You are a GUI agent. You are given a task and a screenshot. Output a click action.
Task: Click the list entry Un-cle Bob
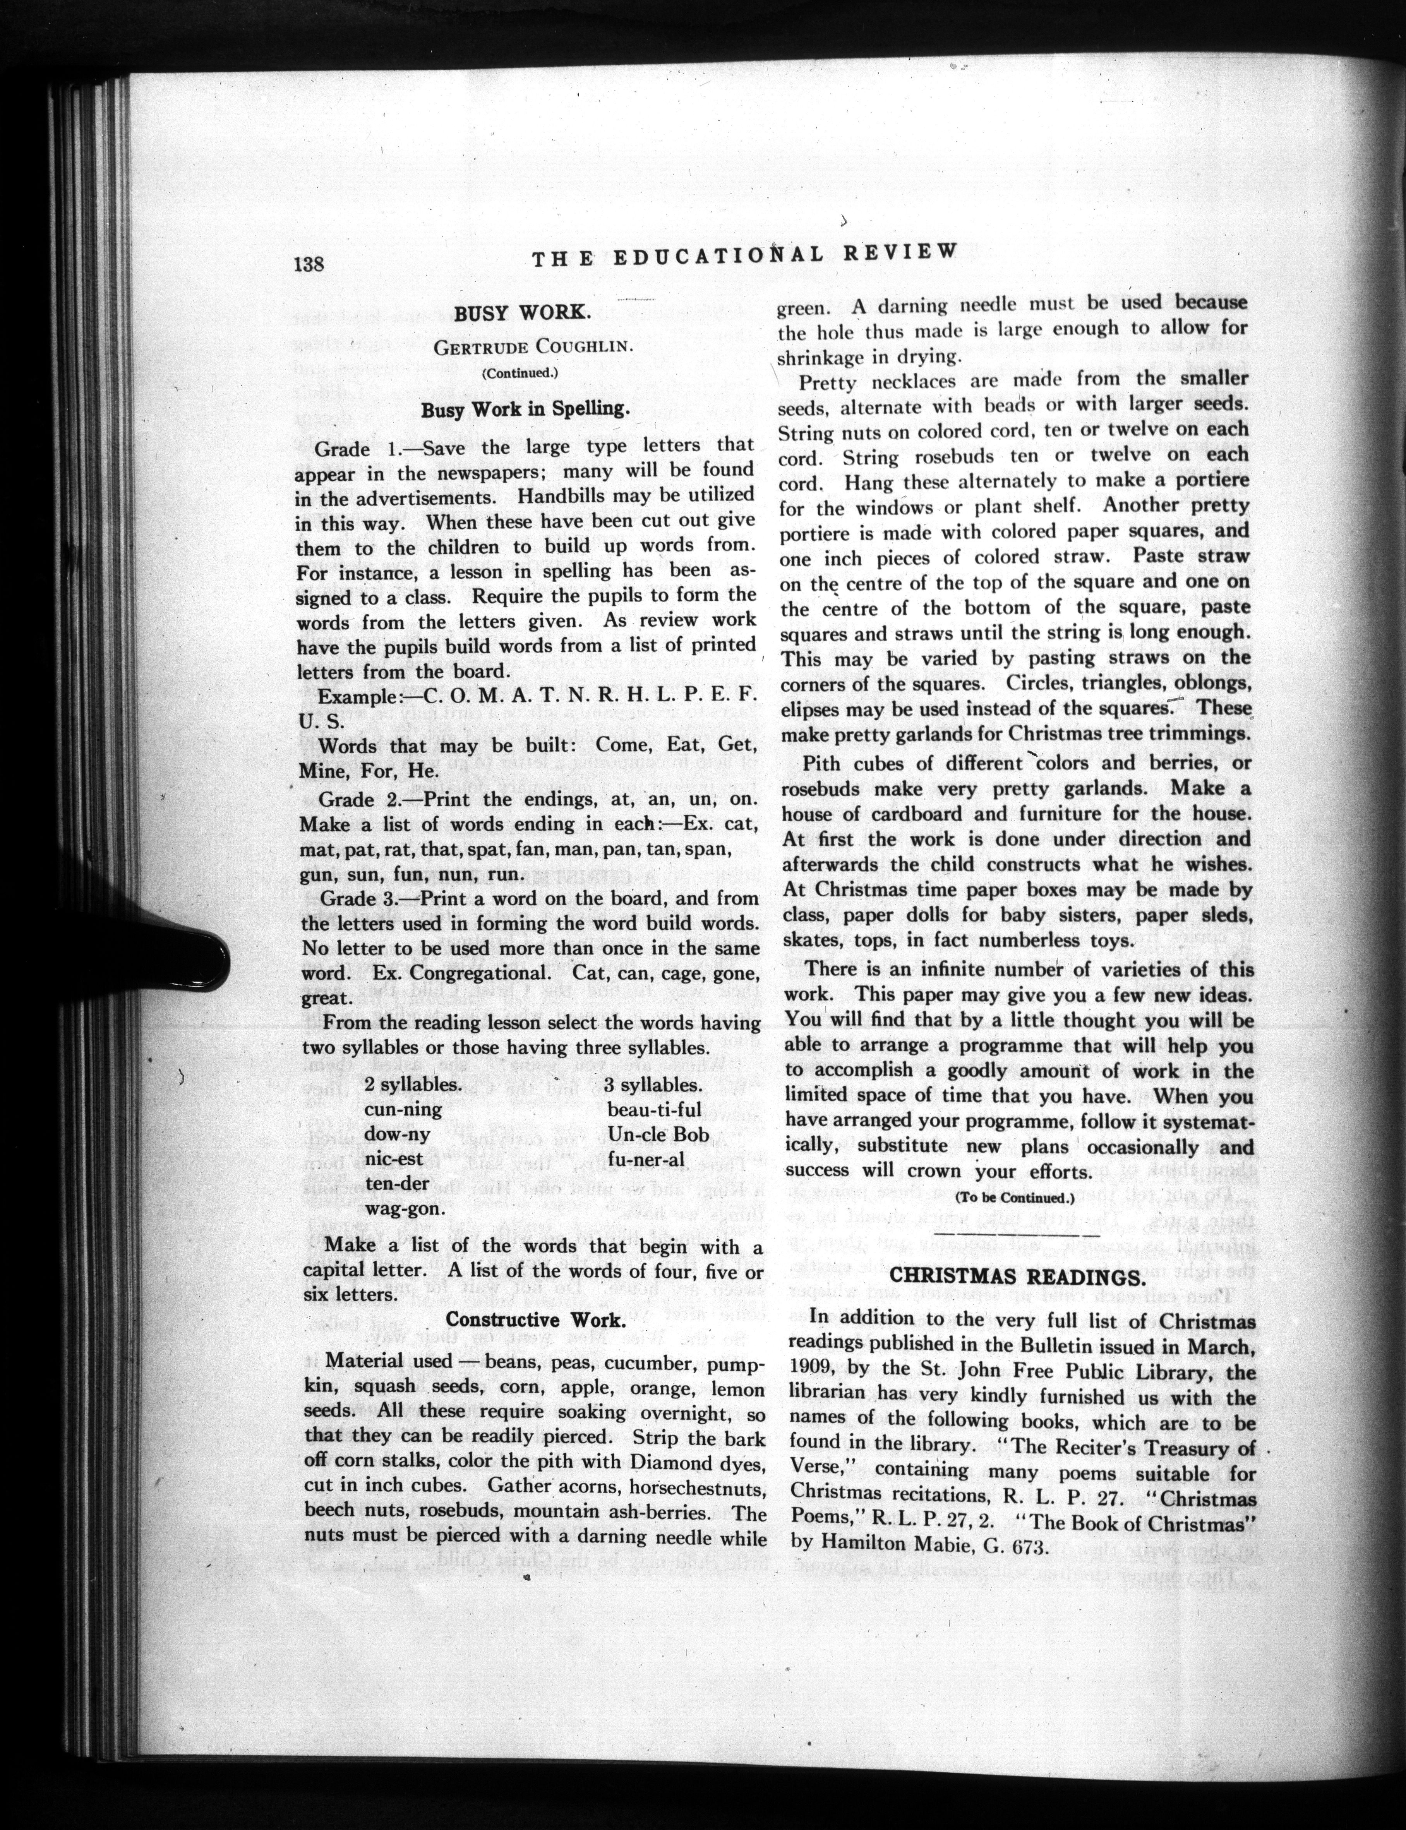pos(658,1134)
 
